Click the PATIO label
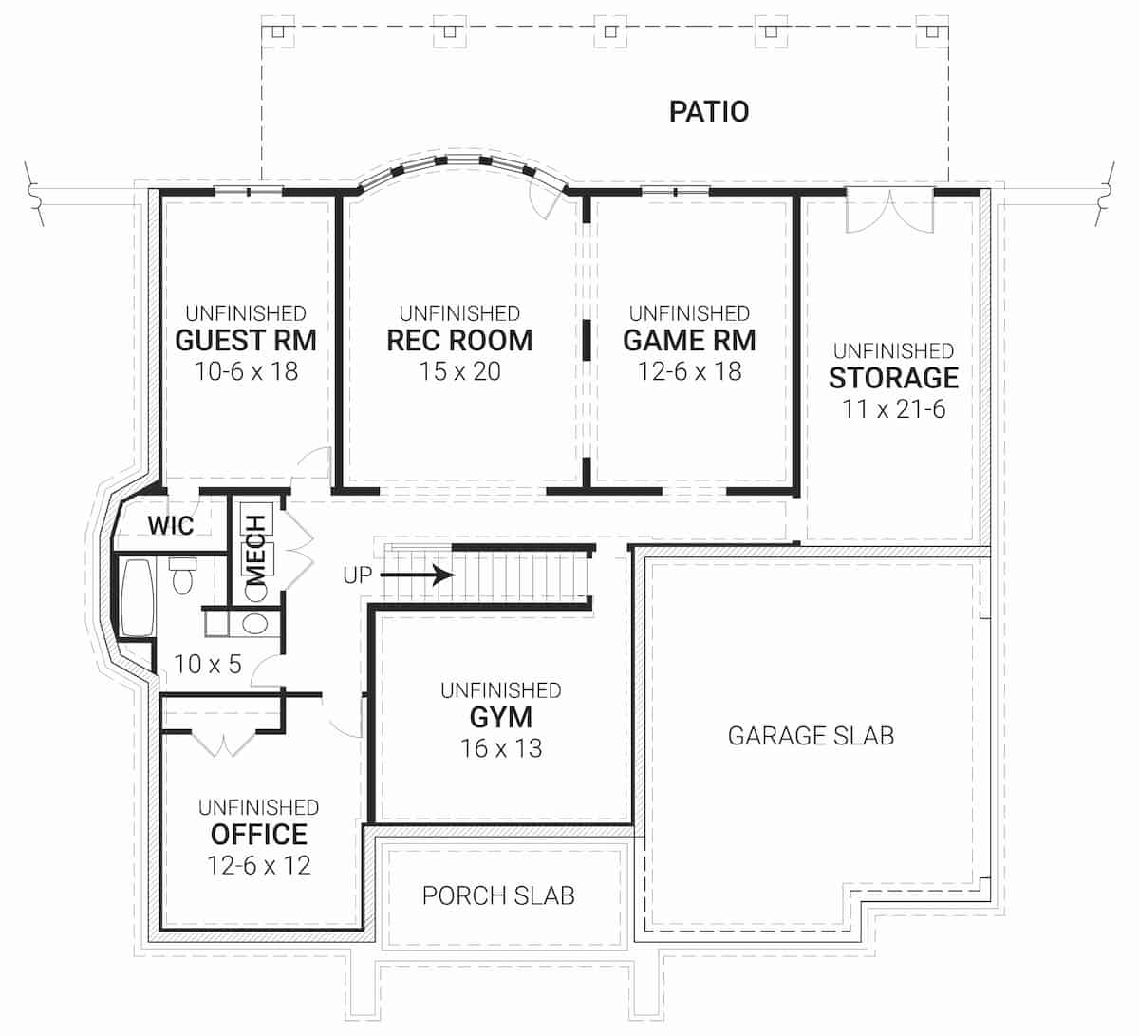(709, 111)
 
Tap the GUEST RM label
(246, 340)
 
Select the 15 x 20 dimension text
(459, 371)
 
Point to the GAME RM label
(689, 340)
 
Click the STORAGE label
(893, 378)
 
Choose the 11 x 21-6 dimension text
(893, 409)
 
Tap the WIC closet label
(171, 525)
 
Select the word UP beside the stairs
(358, 575)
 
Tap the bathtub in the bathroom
(138, 598)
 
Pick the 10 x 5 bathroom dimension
(208, 664)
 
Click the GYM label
(500, 717)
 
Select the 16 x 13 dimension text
(500, 748)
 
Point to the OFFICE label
(258, 835)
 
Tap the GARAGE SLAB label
(811, 735)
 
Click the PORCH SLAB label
(498, 895)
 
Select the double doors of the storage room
(889, 209)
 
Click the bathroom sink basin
(254, 624)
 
